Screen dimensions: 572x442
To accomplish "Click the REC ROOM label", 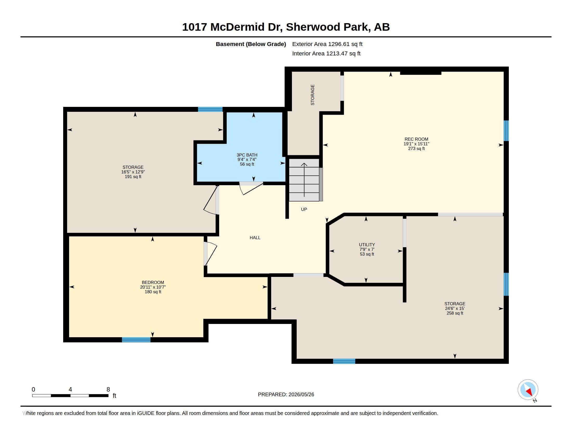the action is pos(416,139).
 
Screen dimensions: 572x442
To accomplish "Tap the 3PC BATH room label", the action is pos(247,155).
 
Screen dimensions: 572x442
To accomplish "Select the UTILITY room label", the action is pos(367,245).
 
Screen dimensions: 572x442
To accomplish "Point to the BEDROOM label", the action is pos(153,283).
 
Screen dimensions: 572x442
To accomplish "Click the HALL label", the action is pos(255,238).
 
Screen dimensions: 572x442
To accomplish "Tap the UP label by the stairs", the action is pos(304,210).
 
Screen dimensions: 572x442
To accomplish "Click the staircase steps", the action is pos(304,180).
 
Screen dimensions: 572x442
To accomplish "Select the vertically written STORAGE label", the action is pos(313,95).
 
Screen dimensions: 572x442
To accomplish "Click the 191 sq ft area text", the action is pos(133,177).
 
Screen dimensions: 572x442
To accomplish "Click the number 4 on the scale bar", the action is pos(70,389).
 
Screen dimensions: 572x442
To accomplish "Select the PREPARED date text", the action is pos(286,395).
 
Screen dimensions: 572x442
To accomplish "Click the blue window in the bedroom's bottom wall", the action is pos(136,340).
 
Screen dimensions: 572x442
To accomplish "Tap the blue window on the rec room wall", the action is pos(506,131).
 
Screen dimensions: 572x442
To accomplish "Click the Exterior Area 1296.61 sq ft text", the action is pos(327,44).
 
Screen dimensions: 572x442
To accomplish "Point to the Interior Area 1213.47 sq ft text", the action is pos(326,54).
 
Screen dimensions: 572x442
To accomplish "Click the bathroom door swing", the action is pos(251,188).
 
